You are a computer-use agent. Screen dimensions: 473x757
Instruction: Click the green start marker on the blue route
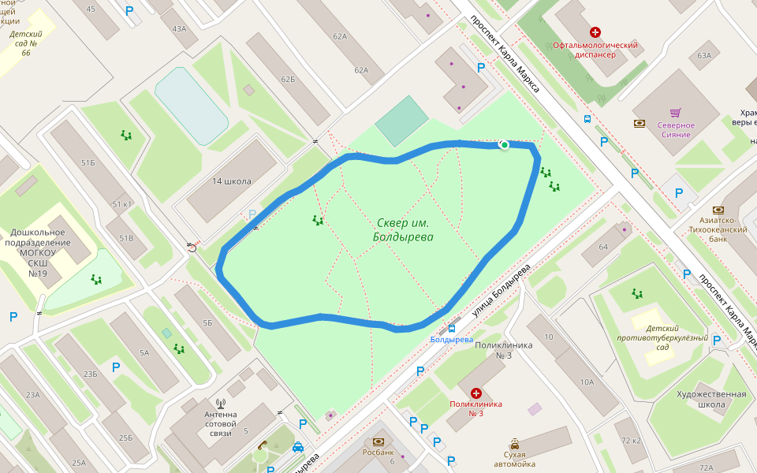504,144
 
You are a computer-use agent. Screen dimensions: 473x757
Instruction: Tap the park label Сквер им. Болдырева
405,229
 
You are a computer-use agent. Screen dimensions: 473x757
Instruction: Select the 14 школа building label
231,181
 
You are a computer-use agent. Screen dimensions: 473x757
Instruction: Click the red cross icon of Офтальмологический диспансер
595,32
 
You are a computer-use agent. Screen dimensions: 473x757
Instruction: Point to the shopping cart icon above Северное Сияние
675,113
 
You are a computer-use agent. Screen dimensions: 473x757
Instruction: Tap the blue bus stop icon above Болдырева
452,327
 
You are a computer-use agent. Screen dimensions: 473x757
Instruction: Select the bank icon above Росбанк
378,441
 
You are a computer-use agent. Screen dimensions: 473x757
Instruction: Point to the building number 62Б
288,80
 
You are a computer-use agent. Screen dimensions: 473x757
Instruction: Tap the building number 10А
586,382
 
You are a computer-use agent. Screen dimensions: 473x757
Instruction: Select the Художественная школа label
711,399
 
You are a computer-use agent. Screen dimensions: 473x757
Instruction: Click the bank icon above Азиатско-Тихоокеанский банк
718,210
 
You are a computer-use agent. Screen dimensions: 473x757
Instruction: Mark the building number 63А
703,56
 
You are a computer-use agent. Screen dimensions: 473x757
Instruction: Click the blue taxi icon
298,447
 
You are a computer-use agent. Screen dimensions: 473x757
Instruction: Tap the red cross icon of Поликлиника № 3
476,393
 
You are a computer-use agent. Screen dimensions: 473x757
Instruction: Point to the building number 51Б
88,163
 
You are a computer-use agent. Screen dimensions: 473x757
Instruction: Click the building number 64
603,248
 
